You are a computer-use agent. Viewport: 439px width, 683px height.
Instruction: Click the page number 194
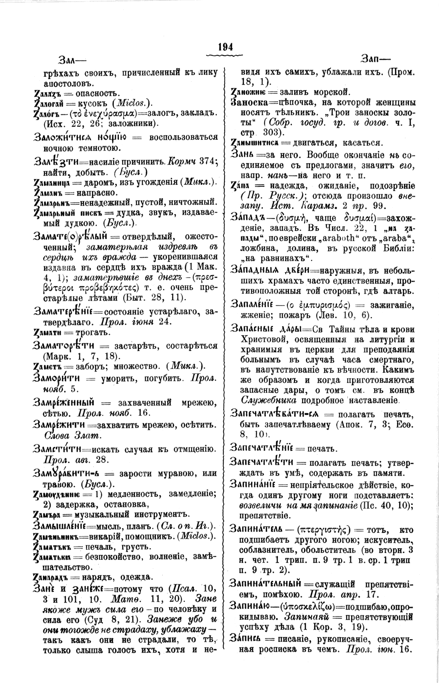(225, 47)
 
